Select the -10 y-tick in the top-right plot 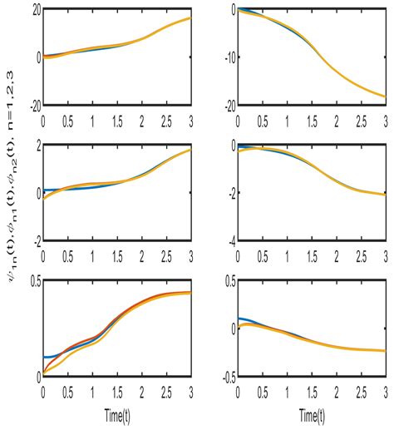pos(221,57)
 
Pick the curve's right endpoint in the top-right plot pos(385,97)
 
